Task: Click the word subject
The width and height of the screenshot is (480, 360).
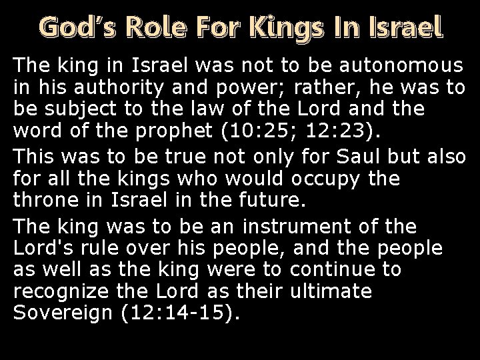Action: click(74, 107)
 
